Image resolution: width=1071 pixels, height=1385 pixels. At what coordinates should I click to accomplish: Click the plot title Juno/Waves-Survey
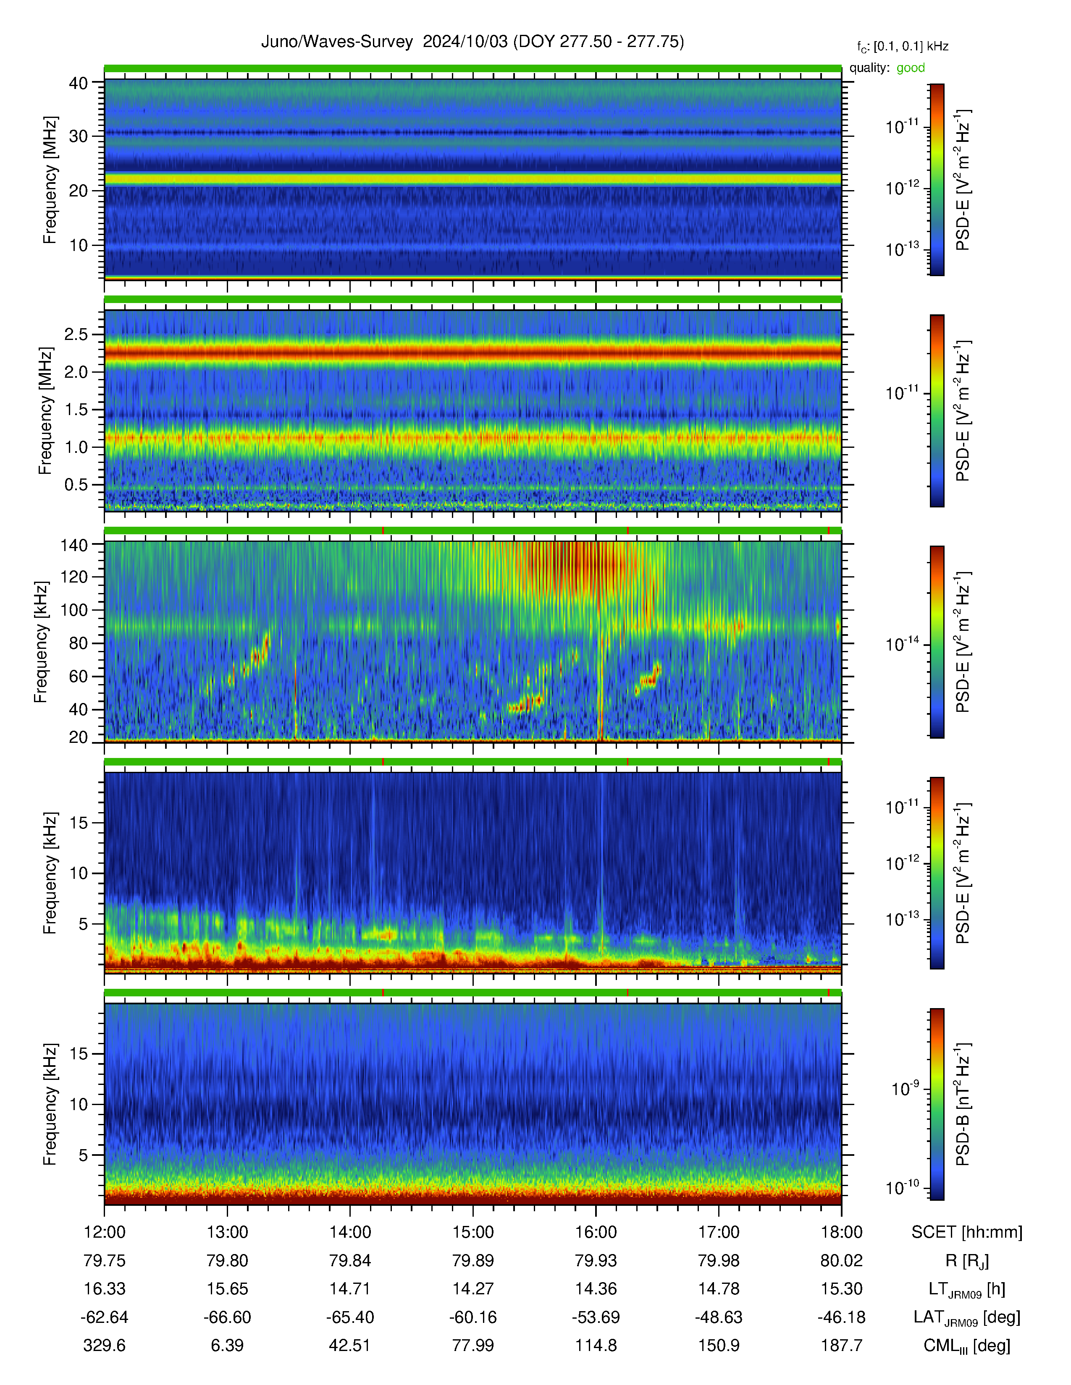[x=337, y=42]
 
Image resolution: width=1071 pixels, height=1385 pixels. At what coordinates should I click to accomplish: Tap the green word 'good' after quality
[x=911, y=68]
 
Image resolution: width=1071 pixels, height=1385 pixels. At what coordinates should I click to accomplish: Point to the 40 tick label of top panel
[x=79, y=83]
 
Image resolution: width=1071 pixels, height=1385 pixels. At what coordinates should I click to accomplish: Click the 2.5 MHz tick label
[x=76, y=334]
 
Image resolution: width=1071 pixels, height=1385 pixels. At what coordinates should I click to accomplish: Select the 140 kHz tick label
[x=73, y=545]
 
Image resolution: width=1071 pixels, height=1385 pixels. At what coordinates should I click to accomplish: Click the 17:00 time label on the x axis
[x=719, y=1232]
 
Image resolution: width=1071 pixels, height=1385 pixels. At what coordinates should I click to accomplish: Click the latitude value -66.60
[x=227, y=1317]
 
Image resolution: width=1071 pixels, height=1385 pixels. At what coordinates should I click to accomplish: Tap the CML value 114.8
[x=596, y=1345]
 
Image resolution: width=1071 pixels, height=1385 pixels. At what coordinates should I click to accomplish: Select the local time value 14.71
[x=350, y=1288]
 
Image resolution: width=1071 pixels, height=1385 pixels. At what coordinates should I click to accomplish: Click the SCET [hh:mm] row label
[x=967, y=1232]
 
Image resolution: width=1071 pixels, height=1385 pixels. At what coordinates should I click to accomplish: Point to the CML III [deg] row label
[x=967, y=1346]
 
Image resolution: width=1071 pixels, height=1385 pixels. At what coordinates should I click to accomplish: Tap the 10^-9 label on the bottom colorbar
[x=906, y=1088]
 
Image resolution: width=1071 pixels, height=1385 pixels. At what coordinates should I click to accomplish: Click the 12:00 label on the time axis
[x=105, y=1232]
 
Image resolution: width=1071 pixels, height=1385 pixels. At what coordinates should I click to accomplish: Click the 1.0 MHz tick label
[x=76, y=447]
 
